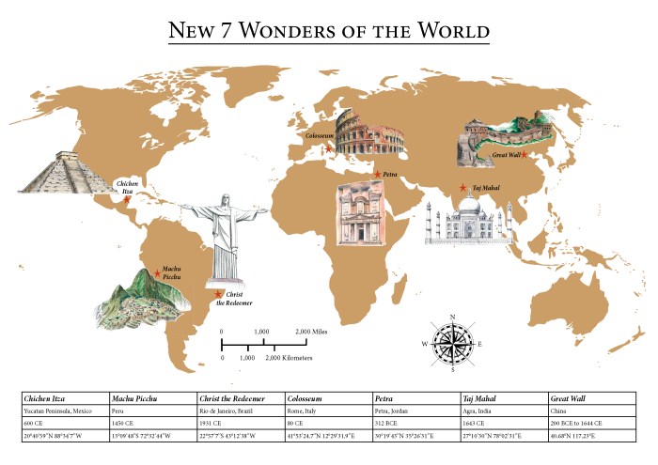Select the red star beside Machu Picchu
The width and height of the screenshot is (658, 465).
(157, 273)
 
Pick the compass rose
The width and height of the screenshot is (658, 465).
(452, 342)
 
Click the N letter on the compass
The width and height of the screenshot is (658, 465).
(452, 317)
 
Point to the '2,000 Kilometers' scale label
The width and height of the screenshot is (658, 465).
(290, 359)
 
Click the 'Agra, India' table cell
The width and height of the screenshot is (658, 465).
(481, 411)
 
